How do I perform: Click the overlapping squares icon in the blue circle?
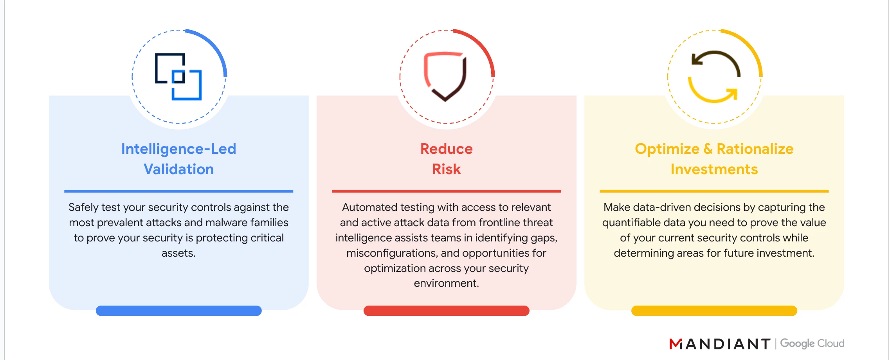[x=178, y=77]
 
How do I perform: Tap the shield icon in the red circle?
[x=445, y=77]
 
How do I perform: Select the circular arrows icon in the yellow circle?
[x=714, y=77]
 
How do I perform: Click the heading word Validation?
[x=179, y=169]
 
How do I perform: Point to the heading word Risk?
[x=447, y=169]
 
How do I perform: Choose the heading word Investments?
[x=714, y=169]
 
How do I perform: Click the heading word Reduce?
[x=447, y=149]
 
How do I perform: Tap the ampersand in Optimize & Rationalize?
[x=708, y=149]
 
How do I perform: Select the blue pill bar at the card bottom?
[x=179, y=311]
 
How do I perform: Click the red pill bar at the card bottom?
[x=447, y=311]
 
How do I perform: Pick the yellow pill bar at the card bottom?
[x=714, y=311]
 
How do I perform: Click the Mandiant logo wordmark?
[x=720, y=344]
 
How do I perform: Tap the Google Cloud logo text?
[x=813, y=344]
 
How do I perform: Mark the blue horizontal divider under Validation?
[x=179, y=191]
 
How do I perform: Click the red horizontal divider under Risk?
[x=447, y=191]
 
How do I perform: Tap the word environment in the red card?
[x=445, y=283]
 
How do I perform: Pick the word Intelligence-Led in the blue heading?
[x=179, y=149]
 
